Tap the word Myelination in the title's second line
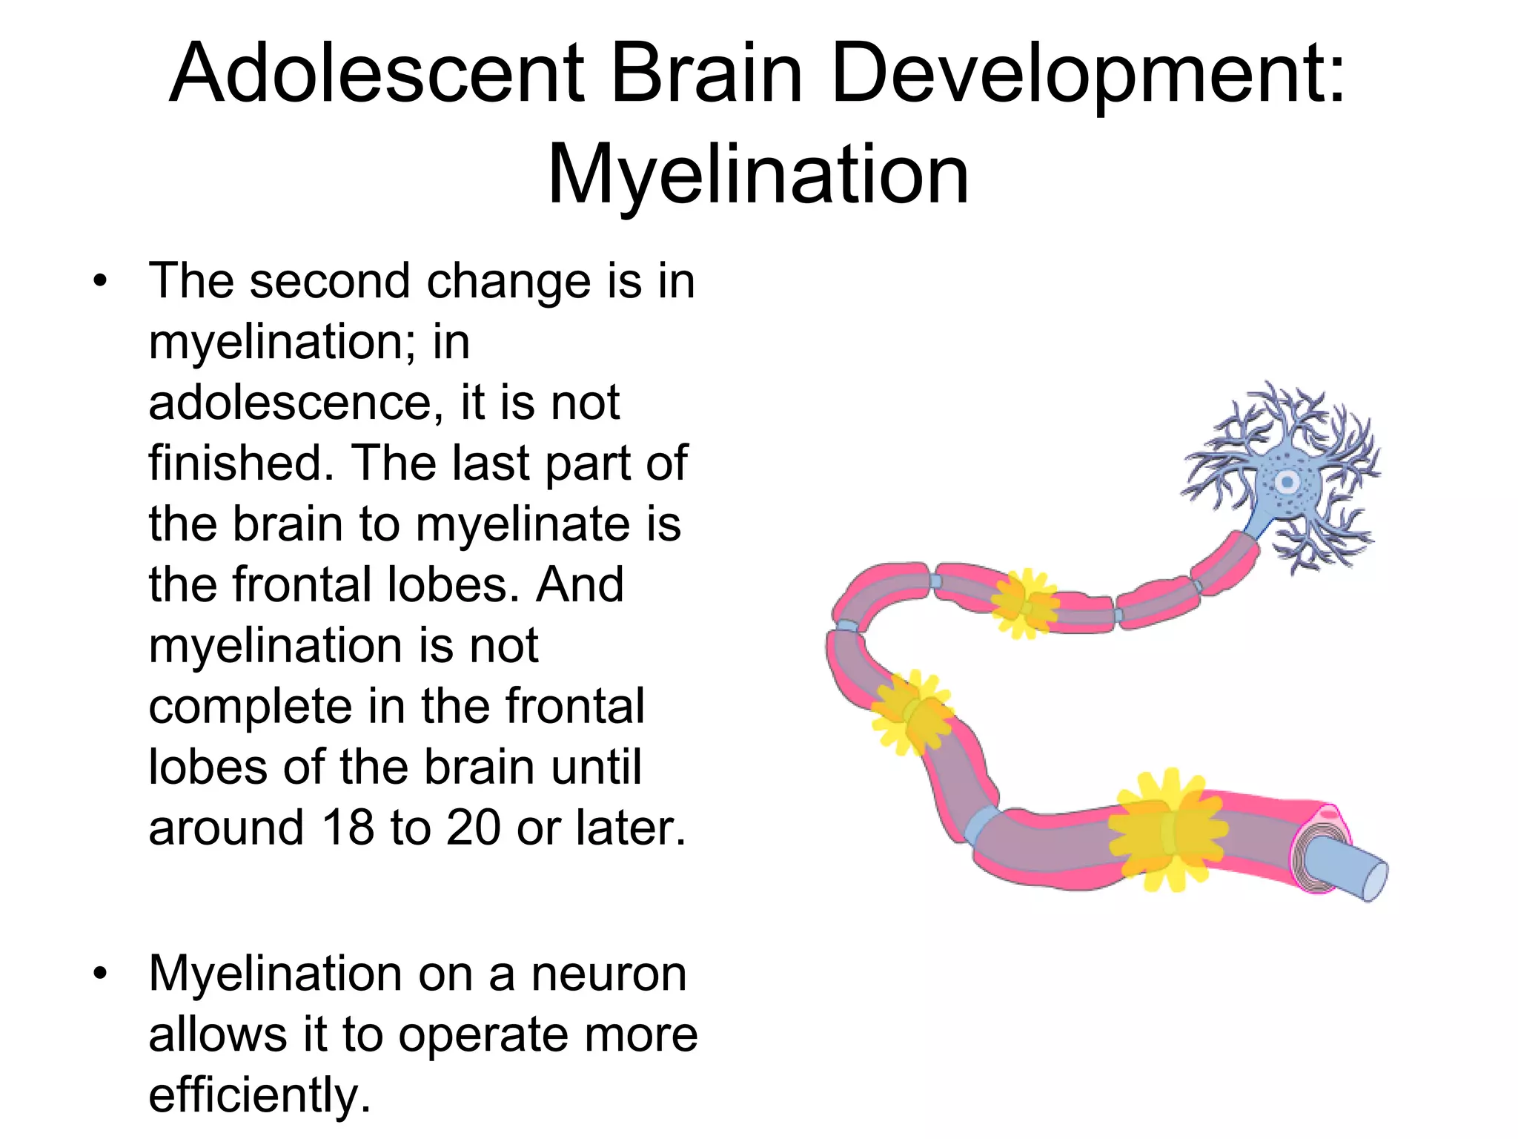point(758,176)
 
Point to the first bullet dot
point(100,282)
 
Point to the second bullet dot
point(100,973)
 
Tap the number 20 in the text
point(473,828)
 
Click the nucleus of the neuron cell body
point(1287,483)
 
